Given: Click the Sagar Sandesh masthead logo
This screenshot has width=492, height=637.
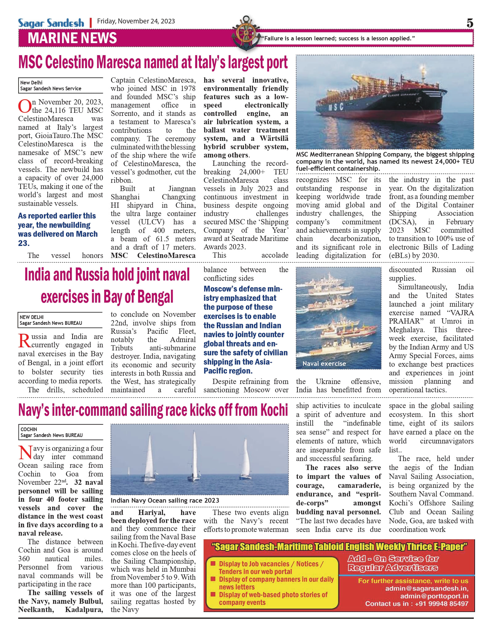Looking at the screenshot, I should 51,23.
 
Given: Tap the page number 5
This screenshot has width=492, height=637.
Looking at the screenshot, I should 469,23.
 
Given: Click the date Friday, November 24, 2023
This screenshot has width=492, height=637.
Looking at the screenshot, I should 136,21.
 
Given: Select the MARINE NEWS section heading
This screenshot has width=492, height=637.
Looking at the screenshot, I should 72,38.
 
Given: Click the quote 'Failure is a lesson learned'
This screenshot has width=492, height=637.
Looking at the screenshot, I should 338,39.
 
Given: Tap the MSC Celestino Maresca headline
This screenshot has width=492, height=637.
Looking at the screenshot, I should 153,63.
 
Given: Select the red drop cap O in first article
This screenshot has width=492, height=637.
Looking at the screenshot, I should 25,106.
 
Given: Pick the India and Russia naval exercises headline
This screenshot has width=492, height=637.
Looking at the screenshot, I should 107,285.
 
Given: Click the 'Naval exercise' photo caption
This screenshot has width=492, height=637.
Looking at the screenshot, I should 324,364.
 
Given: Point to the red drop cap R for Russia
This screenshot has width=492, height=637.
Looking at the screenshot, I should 24,341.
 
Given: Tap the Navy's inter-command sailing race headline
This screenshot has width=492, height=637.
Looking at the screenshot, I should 153,410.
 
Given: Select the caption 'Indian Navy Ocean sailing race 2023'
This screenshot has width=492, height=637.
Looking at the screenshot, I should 165,500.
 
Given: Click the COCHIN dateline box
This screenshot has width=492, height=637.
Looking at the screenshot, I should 60,432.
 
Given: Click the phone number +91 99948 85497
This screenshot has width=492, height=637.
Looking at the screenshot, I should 441,604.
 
